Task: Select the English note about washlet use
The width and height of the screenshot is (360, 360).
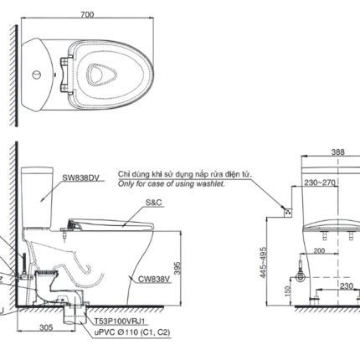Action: (171, 182)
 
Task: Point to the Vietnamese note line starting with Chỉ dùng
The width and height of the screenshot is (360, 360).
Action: (184, 172)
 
